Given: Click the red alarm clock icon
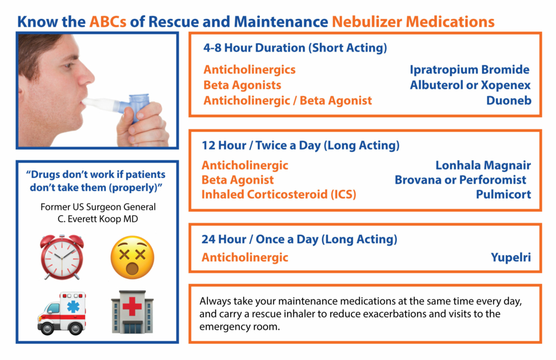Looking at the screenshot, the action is coord(62,257).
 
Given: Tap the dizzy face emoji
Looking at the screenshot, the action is coord(132,257).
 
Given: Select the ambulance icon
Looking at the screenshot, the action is coord(62,313).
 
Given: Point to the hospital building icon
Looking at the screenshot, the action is coord(132,312).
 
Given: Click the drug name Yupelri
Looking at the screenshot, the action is coord(510,257).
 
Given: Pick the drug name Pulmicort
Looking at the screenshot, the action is coord(503,194).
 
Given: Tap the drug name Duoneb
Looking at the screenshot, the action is coord(509,100).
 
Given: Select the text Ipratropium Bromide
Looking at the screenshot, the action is coord(470,70).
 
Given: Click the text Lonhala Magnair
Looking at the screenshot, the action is coord(483,165).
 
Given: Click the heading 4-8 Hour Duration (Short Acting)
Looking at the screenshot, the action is coord(295,48).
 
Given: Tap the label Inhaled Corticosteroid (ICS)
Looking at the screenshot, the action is coord(279,194).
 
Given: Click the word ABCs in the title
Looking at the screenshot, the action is coord(108,22).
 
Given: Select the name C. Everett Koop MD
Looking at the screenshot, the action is coord(98,219).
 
